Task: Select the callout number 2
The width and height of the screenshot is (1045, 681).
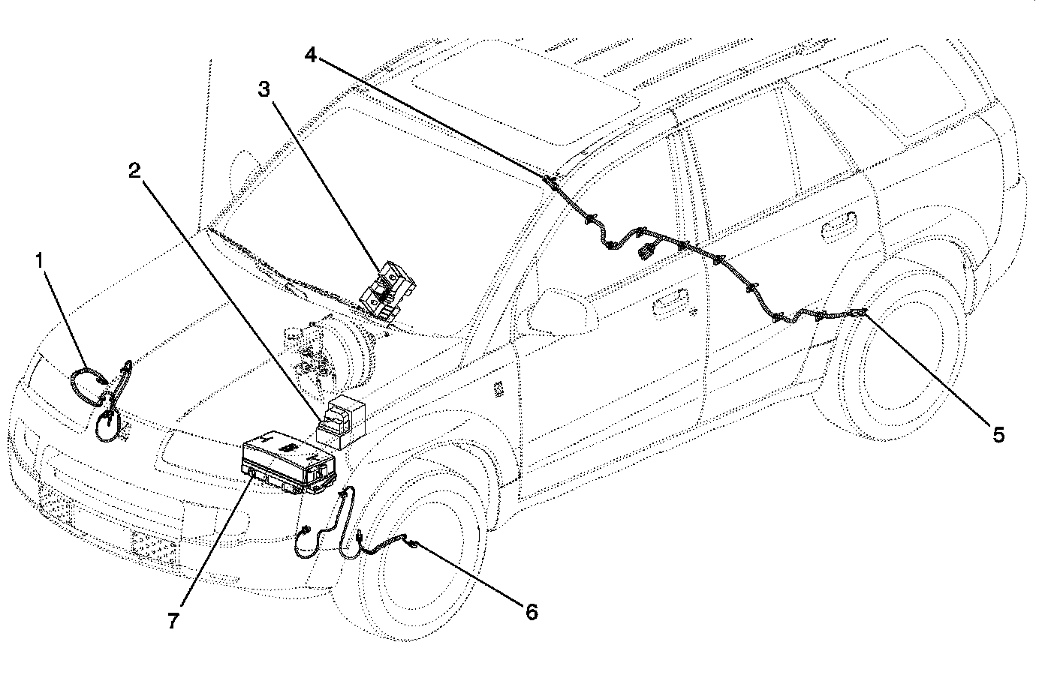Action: (x=134, y=171)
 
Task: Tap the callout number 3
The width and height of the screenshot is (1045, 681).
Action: (x=264, y=89)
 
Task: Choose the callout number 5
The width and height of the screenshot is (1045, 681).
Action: (x=998, y=434)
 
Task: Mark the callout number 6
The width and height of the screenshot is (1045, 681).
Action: (x=532, y=612)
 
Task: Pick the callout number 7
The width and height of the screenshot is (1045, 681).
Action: (x=173, y=621)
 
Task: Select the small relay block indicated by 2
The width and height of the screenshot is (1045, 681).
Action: (x=342, y=420)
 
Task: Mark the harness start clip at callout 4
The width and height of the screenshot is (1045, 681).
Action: (x=550, y=180)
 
